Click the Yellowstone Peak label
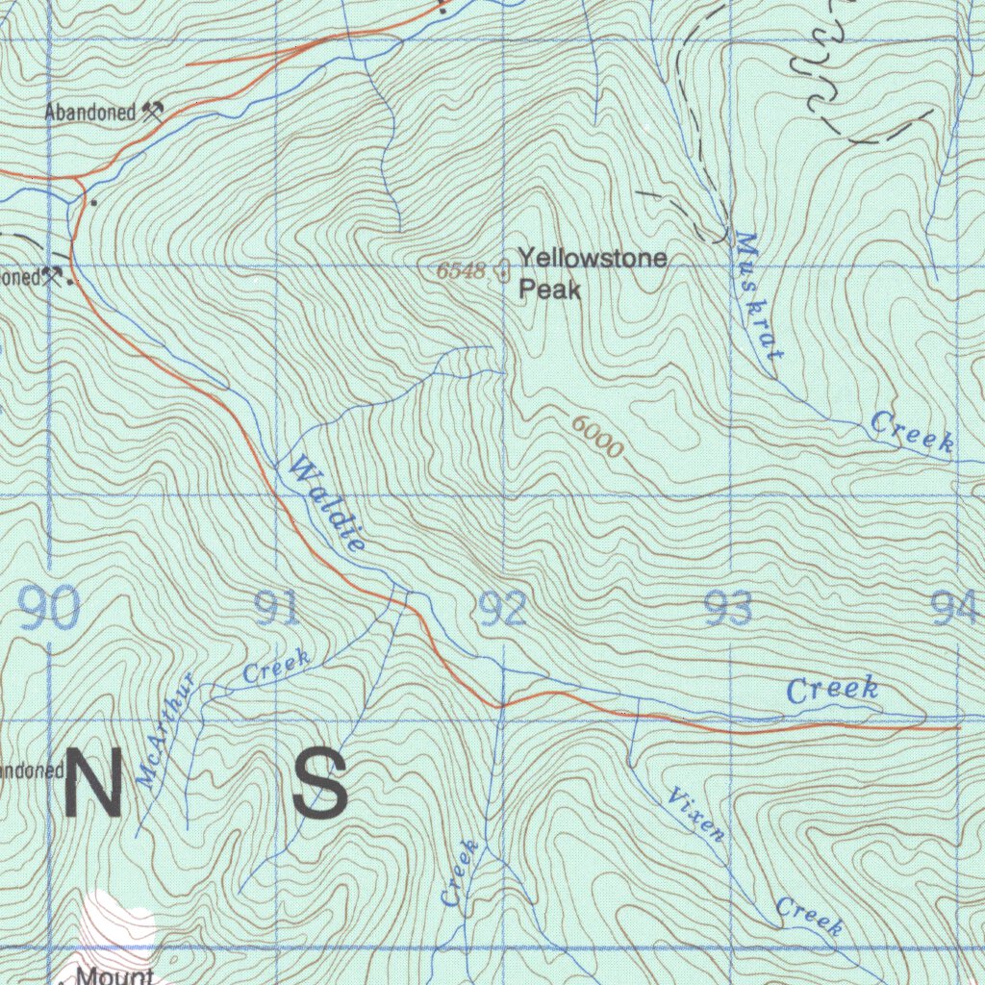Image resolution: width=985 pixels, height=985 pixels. [592, 273]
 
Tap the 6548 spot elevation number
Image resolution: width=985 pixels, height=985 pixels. [462, 271]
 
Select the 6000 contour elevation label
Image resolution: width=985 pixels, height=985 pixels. [597, 436]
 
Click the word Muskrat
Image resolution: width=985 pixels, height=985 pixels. [758, 296]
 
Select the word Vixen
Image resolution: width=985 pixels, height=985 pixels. [695, 814]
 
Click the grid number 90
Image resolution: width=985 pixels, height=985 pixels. [49, 610]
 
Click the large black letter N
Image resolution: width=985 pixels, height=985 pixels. [93, 783]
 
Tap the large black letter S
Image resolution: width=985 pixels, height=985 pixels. [319, 783]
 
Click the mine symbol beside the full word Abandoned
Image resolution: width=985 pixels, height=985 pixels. [152, 112]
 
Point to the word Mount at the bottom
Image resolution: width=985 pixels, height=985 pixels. [114, 975]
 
